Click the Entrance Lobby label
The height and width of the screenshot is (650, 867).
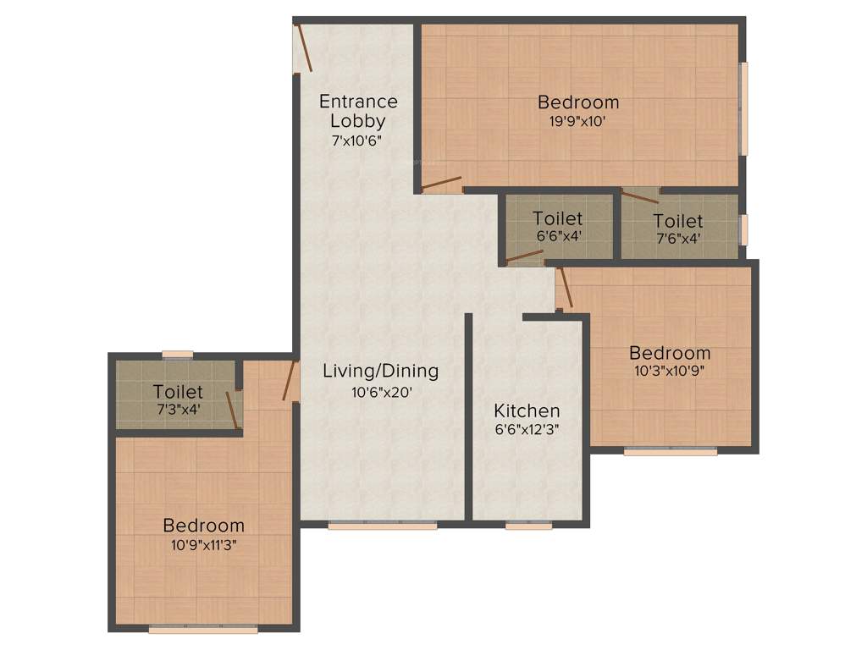pos(358,111)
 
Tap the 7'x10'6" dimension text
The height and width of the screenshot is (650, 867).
pos(358,140)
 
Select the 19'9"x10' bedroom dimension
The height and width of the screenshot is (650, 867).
pos(578,121)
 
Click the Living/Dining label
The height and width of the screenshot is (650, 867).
pos(381,371)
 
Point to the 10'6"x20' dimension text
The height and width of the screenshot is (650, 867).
pos(381,391)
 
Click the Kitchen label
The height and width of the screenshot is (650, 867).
pos(527,410)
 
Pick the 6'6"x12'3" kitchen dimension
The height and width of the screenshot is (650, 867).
pos(527,429)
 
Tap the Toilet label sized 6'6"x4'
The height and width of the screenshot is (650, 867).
pos(558,218)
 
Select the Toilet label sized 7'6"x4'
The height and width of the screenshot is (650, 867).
pos(678,221)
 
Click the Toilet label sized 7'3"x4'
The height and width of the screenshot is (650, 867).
pos(178,392)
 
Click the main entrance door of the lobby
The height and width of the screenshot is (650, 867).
pos(303,48)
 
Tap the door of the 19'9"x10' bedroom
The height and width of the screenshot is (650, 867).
pos(441,183)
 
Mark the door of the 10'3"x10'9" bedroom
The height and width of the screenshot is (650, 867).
pos(566,289)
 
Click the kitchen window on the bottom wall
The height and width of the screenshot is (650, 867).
pos(529,526)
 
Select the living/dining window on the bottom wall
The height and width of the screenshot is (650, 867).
pos(383,526)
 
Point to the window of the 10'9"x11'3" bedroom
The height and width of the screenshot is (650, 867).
pos(203,630)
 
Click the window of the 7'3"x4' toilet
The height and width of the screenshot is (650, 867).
pos(178,355)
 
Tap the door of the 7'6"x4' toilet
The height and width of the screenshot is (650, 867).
pos(639,196)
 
